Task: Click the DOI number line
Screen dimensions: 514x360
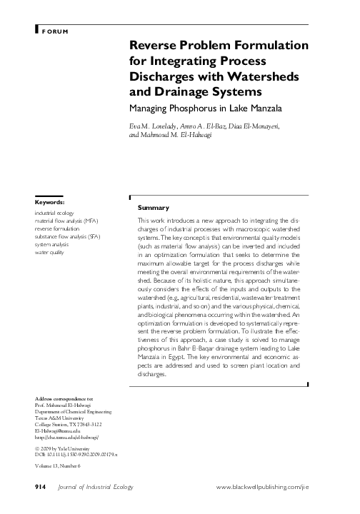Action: click(76, 455)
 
